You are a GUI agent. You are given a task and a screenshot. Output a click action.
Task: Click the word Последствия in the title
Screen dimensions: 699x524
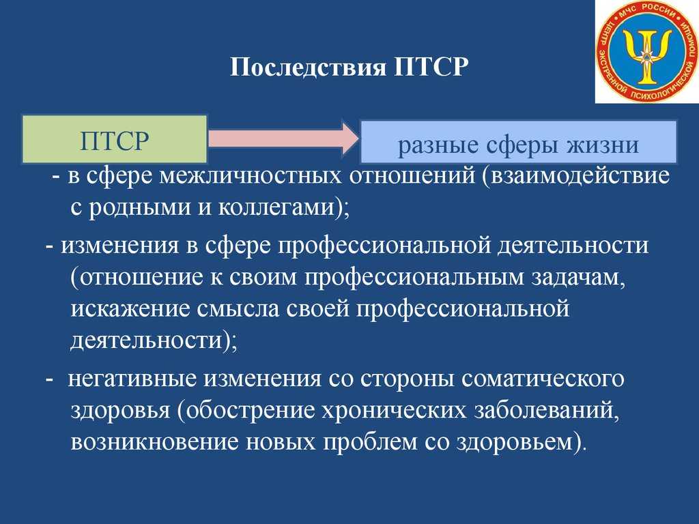pos(308,67)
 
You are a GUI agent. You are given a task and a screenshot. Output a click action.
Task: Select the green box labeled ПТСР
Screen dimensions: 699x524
pos(115,139)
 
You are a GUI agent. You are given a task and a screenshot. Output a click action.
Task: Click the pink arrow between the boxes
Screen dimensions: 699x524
pos(283,138)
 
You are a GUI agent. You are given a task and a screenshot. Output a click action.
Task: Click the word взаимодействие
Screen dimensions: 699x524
pos(580,175)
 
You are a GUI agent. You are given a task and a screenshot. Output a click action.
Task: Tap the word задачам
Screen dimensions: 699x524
pos(577,278)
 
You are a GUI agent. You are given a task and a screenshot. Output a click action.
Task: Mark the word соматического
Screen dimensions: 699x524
pos(543,379)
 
